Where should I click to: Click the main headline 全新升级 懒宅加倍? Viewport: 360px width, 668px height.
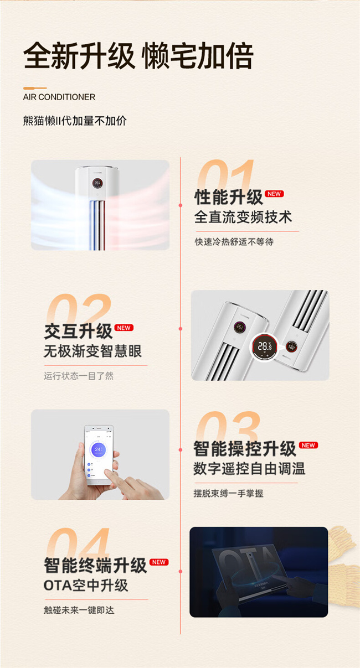[x=138, y=56]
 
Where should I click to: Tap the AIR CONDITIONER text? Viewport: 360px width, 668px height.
[x=59, y=97]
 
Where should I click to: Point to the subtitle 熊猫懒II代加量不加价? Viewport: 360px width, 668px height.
[x=75, y=121]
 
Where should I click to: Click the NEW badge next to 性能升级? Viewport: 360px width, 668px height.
[x=274, y=194]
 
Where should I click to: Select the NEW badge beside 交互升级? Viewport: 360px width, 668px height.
[x=124, y=328]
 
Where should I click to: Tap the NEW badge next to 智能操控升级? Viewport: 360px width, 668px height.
[x=308, y=445]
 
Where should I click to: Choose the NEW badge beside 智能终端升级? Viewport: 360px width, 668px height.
[x=159, y=562]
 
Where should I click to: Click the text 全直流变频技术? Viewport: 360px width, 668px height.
[x=243, y=217]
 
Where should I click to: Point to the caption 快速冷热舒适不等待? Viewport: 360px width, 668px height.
[x=234, y=241]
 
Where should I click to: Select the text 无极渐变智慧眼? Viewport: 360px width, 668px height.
[x=92, y=351]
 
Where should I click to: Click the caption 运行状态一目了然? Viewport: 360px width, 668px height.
[x=79, y=376]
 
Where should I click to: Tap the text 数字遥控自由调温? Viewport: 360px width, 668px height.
[x=249, y=469]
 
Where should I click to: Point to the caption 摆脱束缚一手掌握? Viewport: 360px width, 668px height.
[x=228, y=493]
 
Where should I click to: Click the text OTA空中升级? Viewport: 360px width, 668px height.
[x=86, y=586]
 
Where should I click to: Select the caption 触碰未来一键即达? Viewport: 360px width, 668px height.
[x=79, y=610]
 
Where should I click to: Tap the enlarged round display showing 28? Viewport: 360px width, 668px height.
[x=264, y=346]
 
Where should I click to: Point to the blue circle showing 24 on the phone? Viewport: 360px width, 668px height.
[x=97, y=449]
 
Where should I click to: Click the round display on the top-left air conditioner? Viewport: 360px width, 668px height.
[x=97, y=183]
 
